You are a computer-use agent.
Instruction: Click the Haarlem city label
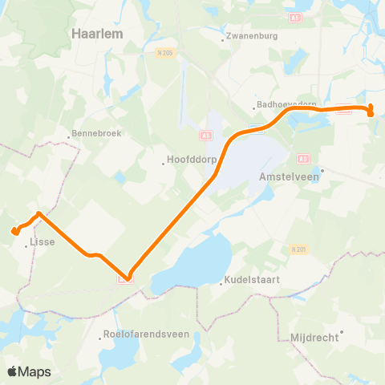(x=96, y=34)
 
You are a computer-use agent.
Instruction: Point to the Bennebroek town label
(x=96, y=133)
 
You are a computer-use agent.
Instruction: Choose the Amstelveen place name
(x=290, y=178)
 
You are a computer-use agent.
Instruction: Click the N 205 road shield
(x=164, y=53)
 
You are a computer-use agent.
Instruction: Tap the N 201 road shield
(x=298, y=249)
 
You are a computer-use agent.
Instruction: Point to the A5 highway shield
(x=205, y=136)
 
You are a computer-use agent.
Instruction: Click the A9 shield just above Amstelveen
(x=302, y=159)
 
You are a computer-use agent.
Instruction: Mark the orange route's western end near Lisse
(x=14, y=232)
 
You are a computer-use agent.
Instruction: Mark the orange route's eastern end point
(x=372, y=113)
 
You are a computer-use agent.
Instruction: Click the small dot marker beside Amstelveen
(x=321, y=170)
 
